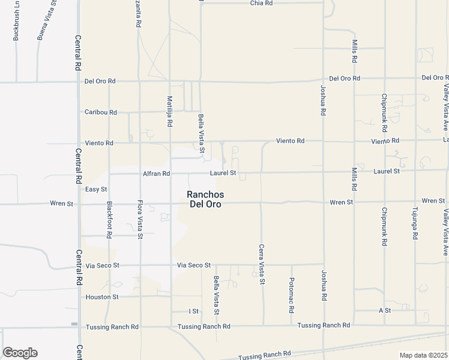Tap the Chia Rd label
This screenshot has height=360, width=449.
pos(262,3)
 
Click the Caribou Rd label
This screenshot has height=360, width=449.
pos(100,112)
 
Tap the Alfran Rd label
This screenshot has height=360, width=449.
pos(157,173)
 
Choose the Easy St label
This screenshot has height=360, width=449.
pos(96,189)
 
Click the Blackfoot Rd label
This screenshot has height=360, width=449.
pos(109,220)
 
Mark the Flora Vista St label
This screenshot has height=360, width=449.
pos(140,220)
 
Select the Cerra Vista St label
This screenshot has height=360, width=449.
pos(261,264)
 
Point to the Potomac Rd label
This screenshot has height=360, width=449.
pos(291,295)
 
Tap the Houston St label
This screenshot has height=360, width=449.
pos(103,296)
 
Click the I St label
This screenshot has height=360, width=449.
pos(193,311)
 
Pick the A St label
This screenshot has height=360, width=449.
pos(385,310)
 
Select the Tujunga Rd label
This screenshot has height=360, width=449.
pos(414,224)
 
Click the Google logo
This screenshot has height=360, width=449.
pos(20,353)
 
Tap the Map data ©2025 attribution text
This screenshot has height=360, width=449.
pos(424,355)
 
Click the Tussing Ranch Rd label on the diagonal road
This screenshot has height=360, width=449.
pos(264,355)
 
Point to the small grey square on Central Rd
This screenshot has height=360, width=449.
pos(74,324)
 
